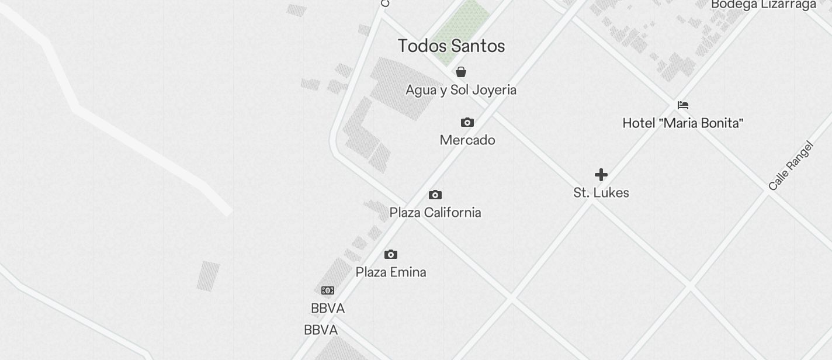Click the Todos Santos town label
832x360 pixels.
(451, 46)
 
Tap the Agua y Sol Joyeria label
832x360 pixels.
(461, 90)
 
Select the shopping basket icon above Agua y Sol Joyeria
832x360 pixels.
(461, 72)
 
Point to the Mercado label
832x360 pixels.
(467, 140)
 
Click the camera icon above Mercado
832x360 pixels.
(467, 122)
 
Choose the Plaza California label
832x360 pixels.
(435, 213)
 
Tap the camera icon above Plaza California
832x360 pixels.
(435, 195)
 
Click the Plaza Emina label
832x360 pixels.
(391, 272)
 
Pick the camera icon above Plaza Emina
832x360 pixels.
(391, 254)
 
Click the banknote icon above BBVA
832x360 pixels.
(328, 290)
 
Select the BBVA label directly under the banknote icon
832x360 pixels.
(328, 309)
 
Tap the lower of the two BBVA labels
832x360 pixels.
(321, 330)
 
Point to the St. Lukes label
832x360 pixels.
(601, 193)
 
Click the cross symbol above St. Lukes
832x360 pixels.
(601, 175)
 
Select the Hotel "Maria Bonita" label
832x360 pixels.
(683, 123)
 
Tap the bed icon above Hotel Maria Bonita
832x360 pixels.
(683, 105)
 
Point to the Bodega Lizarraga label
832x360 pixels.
(764, 5)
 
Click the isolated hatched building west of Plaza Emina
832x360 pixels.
(208, 276)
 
